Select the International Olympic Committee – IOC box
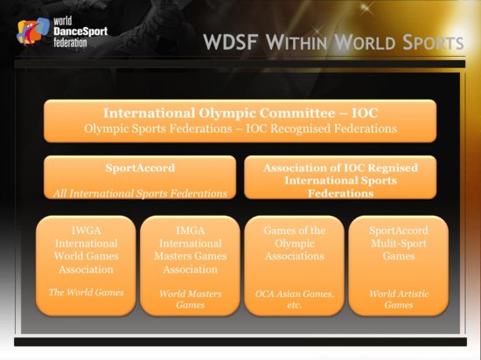pos(240,121)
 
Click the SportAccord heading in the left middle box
pos(140,168)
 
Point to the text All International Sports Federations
pos(140,192)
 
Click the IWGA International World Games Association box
pos(86,265)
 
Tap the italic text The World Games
pos(86,292)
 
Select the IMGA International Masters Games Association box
pos(190,265)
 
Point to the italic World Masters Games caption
pos(190,300)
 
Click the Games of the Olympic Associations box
pos(294,265)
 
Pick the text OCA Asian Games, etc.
pos(294,300)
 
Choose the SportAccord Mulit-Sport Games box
pos(398,265)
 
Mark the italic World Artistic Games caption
pos(398,300)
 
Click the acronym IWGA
pos(86,229)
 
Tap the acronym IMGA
pos(190,229)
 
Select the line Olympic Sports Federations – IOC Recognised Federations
pos(240,128)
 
